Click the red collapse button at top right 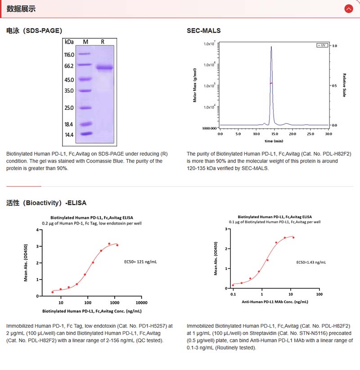coord(348,9)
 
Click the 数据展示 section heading coord(21,9)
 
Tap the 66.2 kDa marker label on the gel coord(69,66)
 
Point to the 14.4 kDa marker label coord(69,135)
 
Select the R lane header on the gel coord(103,42)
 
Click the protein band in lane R coord(105,68)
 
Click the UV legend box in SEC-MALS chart coord(322,45)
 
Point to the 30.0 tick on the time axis coord(328,134)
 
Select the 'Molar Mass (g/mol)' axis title coord(195,85)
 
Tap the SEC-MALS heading coord(204,31)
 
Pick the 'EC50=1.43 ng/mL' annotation coord(311,262)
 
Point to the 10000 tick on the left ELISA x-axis coord(142,302)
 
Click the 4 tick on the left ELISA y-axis coord(37,230)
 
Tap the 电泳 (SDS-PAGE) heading coord(34,31)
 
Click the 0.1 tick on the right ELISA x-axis coord(233,294)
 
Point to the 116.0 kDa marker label coord(69,55)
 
